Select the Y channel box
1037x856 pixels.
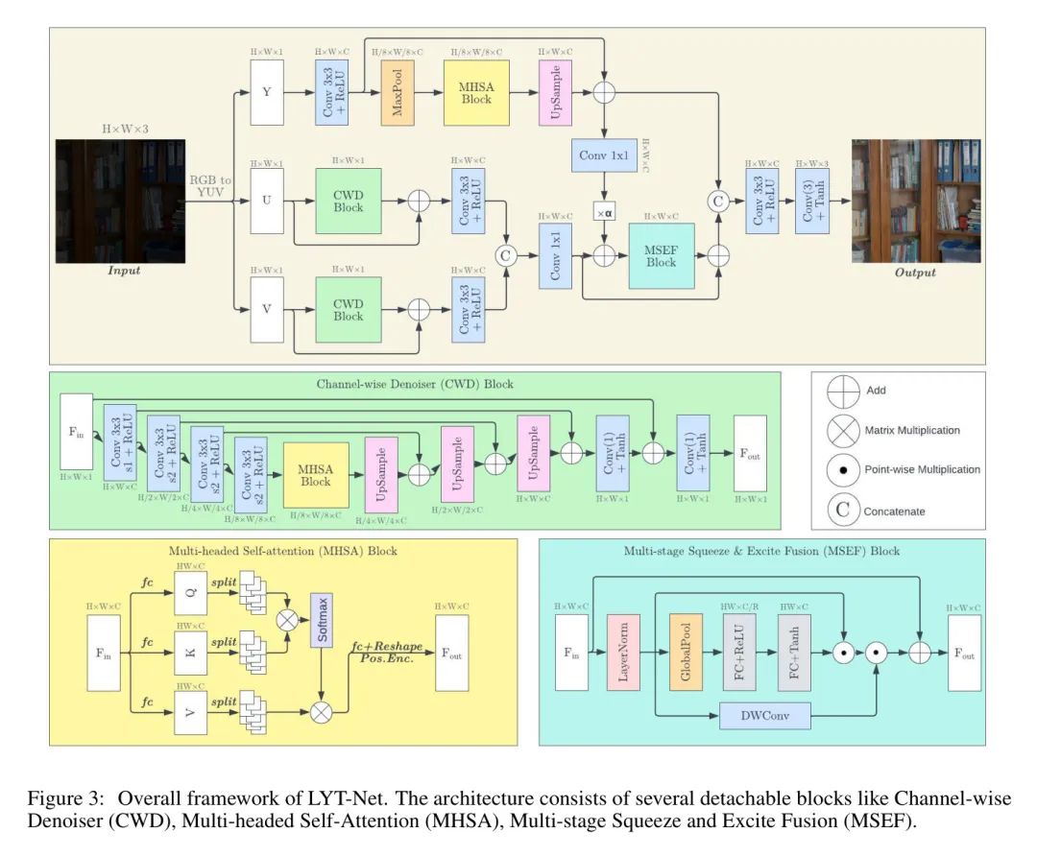coord(268,92)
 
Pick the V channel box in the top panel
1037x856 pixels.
coord(268,308)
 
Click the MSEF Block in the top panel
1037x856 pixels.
coord(661,255)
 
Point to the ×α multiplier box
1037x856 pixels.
coord(604,212)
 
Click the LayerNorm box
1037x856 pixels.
coord(622,653)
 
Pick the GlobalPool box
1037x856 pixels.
coord(687,653)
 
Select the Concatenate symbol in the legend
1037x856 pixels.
coord(843,511)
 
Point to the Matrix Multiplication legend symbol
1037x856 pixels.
coord(843,430)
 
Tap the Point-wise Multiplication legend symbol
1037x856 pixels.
coord(843,470)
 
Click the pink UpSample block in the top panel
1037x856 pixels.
coord(557,94)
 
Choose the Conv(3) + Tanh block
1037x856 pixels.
coord(811,202)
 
